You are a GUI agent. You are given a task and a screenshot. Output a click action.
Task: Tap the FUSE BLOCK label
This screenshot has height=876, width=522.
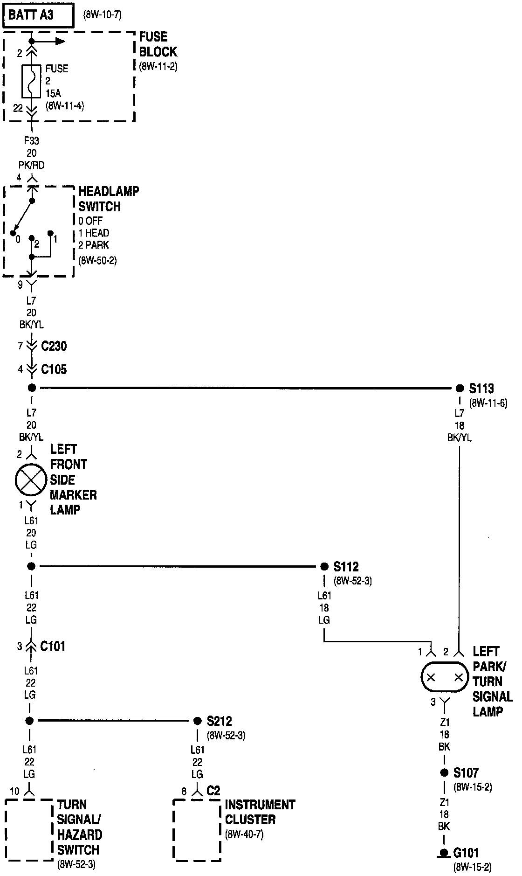[x=158, y=44]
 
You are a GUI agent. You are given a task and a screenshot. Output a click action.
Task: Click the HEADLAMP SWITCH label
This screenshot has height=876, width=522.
[x=108, y=199]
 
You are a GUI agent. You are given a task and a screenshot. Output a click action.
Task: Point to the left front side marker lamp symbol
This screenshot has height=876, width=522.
[x=31, y=480]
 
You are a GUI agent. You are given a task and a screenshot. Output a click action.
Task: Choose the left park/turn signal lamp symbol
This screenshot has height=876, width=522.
[x=445, y=677]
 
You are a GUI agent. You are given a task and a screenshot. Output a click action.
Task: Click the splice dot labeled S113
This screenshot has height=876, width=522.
[x=460, y=388]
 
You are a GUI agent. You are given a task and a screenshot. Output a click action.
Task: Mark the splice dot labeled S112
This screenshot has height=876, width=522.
[x=324, y=566]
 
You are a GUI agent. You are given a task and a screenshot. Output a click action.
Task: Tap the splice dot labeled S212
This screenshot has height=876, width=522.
[x=197, y=721]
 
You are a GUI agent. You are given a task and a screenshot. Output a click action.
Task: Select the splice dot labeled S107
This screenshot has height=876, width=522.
[x=444, y=773]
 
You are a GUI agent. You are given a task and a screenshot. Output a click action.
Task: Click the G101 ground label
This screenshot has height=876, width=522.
[x=466, y=853]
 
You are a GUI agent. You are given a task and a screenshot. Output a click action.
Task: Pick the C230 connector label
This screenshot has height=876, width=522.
[x=54, y=346]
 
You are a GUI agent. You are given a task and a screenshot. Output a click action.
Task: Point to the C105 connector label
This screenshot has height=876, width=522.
[x=54, y=369]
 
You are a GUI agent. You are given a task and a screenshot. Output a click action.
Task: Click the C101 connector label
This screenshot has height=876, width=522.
[x=53, y=646]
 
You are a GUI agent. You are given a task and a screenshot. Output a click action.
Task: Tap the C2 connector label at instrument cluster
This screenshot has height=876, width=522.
[x=213, y=791]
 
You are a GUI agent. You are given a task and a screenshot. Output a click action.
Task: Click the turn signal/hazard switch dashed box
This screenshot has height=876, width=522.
[x=29, y=830]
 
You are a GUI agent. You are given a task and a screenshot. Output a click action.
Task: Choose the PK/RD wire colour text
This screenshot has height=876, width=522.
[x=31, y=165]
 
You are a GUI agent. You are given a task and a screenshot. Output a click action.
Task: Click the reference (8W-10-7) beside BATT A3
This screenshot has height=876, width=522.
[x=103, y=15]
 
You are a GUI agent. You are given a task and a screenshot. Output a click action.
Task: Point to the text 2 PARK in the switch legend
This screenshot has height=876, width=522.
[x=94, y=245]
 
